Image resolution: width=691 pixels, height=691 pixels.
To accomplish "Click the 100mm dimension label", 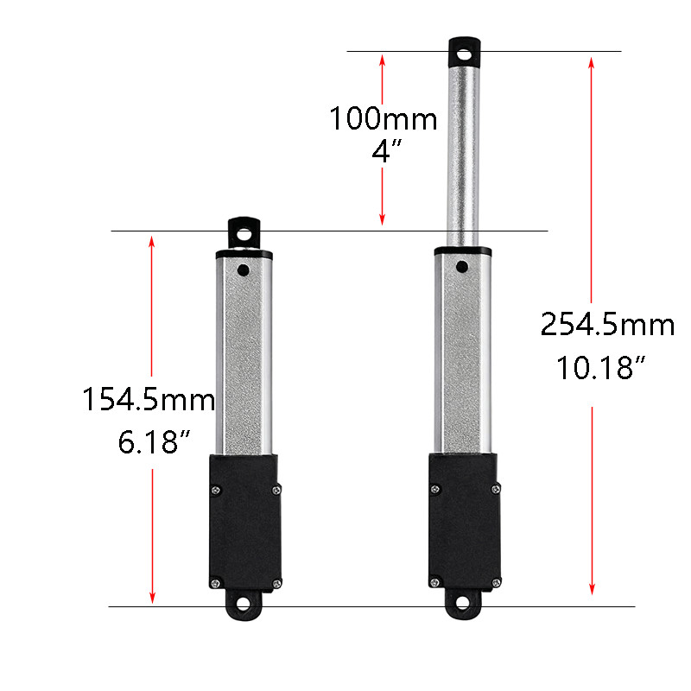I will pyautogui.click(x=383, y=118).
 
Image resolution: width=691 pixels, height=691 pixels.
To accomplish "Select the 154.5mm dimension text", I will pyautogui.click(x=149, y=401).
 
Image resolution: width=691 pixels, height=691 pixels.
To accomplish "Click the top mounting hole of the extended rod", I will pyautogui.click(x=466, y=54).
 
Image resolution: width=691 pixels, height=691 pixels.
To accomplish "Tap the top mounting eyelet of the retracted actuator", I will pyautogui.click(x=245, y=233).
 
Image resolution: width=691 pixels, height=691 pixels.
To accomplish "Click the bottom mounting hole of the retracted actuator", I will pyautogui.click(x=244, y=605).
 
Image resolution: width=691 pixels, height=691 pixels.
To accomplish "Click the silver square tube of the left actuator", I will pyautogui.click(x=244, y=354).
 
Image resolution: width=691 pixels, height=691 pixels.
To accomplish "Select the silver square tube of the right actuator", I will pyautogui.click(x=465, y=354).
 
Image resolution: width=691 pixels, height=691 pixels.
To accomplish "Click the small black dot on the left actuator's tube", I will pyautogui.click(x=244, y=270).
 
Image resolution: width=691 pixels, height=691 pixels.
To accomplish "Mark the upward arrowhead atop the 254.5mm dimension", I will pyautogui.click(x=591, y=63).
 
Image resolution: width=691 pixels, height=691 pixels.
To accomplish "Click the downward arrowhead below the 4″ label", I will pyautogui.click(x=382, y=219).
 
